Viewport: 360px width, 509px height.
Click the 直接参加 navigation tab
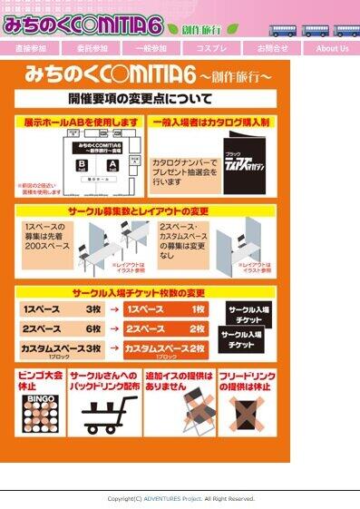(x=31, y=48)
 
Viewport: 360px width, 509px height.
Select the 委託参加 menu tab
(x=92, y=48)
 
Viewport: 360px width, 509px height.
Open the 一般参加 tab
(x=151, y=48)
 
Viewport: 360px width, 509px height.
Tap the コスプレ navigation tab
(x=211, y=48)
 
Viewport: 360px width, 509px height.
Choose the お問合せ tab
(x=272, y=48)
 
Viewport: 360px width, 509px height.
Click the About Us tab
(x=332, y=48)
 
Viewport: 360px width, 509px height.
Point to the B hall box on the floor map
(x=82, y=164)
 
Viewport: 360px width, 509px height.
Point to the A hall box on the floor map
(x=112, y=164)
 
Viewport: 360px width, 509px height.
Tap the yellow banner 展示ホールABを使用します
(x=82, y=121)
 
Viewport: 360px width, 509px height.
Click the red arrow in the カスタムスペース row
(x=113, y=348)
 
